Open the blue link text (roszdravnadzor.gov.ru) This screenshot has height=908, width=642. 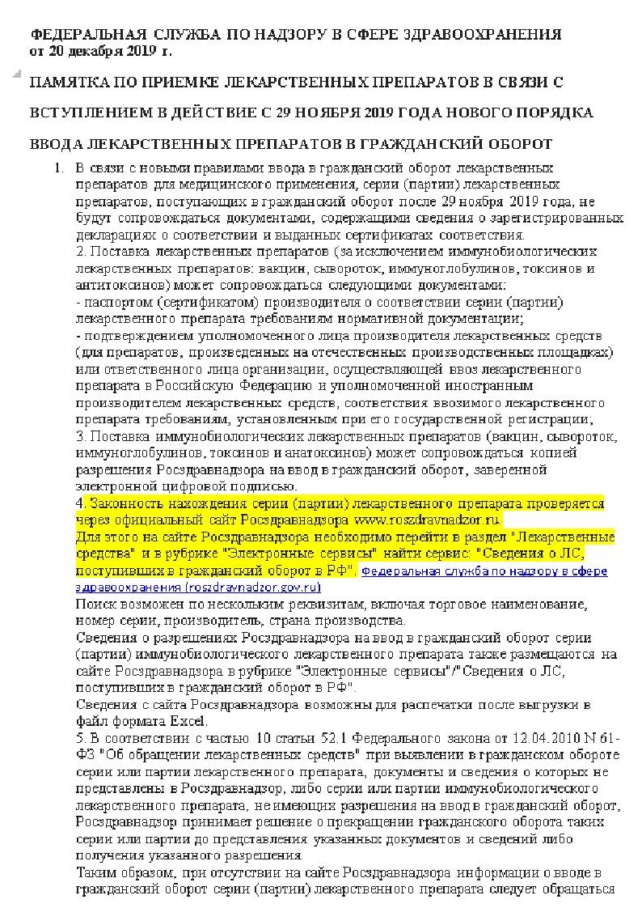[x=243, y=587]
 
